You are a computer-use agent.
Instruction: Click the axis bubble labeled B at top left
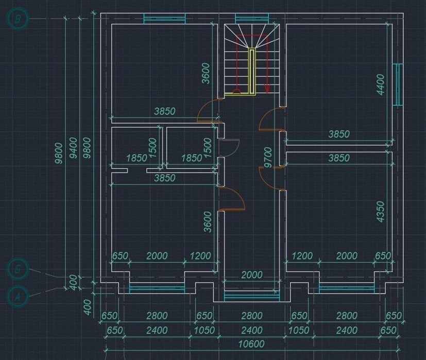[x=18, y=19]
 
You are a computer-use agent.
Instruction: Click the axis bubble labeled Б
[x=19, y=270]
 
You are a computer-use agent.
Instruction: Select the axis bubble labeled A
[x=19, y=296]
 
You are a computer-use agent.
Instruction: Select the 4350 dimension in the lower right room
[x=380, y=212]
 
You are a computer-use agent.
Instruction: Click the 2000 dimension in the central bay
[x=252, y=275]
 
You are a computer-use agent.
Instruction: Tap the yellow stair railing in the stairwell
[x=252, y=72]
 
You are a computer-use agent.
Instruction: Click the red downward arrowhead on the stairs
[x=267, y=89]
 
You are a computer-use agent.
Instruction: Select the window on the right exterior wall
[x=397, y=84]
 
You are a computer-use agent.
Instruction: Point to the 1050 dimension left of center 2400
[x=205, y=330]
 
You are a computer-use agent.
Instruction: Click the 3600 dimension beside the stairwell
[x=206, y=73]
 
